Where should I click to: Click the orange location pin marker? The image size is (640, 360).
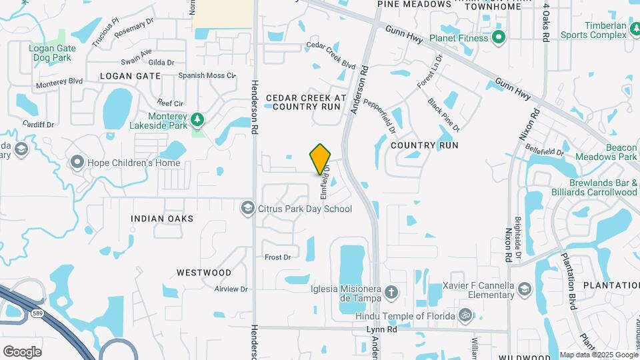click(321, 159)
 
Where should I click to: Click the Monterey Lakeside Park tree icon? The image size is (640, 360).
click(197, 119)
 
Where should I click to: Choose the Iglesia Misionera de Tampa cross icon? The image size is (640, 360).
click(391, 291)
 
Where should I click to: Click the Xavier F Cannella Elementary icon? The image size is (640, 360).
click(525, 289)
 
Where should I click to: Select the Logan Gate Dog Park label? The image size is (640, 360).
click(52, 53)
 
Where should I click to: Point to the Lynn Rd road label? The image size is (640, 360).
click(381, 330)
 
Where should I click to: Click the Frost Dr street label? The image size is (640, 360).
click(278, 257)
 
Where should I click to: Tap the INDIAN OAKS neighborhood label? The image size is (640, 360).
click(162, 219)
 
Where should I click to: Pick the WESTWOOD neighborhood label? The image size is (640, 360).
click(204, 273)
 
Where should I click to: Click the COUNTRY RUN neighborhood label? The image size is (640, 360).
click(424, 145)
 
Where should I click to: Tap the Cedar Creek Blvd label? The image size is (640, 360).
click(331, 55)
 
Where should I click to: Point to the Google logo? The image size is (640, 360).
click(22, 351)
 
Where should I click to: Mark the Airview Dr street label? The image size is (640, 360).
click(231, 289)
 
